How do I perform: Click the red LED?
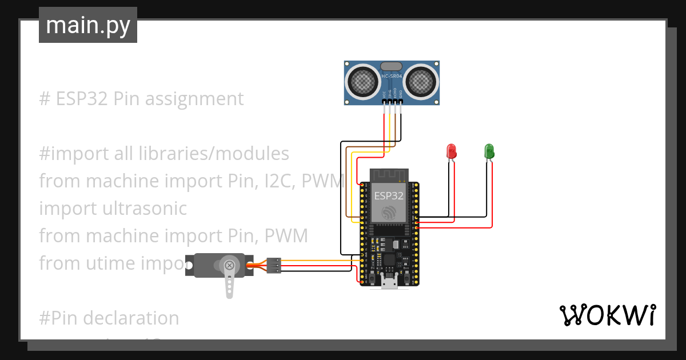(451, 151)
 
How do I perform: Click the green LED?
(489, 151)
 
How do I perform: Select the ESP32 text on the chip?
(389, 195)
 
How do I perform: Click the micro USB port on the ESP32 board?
(390, 282)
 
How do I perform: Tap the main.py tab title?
(87, 25)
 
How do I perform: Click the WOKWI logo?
(607, 315)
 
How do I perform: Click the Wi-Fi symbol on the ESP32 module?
(389, 213)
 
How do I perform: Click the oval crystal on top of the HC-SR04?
(392, 66)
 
